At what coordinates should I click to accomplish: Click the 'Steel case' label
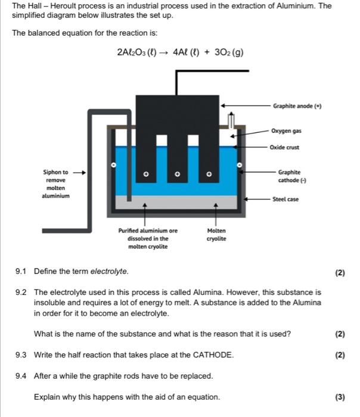285,200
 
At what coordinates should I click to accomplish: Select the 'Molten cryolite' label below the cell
216,234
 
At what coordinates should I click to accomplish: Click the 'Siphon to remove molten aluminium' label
57,183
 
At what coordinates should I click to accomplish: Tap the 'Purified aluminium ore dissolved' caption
148,238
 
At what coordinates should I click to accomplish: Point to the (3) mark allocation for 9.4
340,397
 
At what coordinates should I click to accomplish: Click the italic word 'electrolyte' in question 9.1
108,272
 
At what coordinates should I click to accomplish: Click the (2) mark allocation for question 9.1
340,273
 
